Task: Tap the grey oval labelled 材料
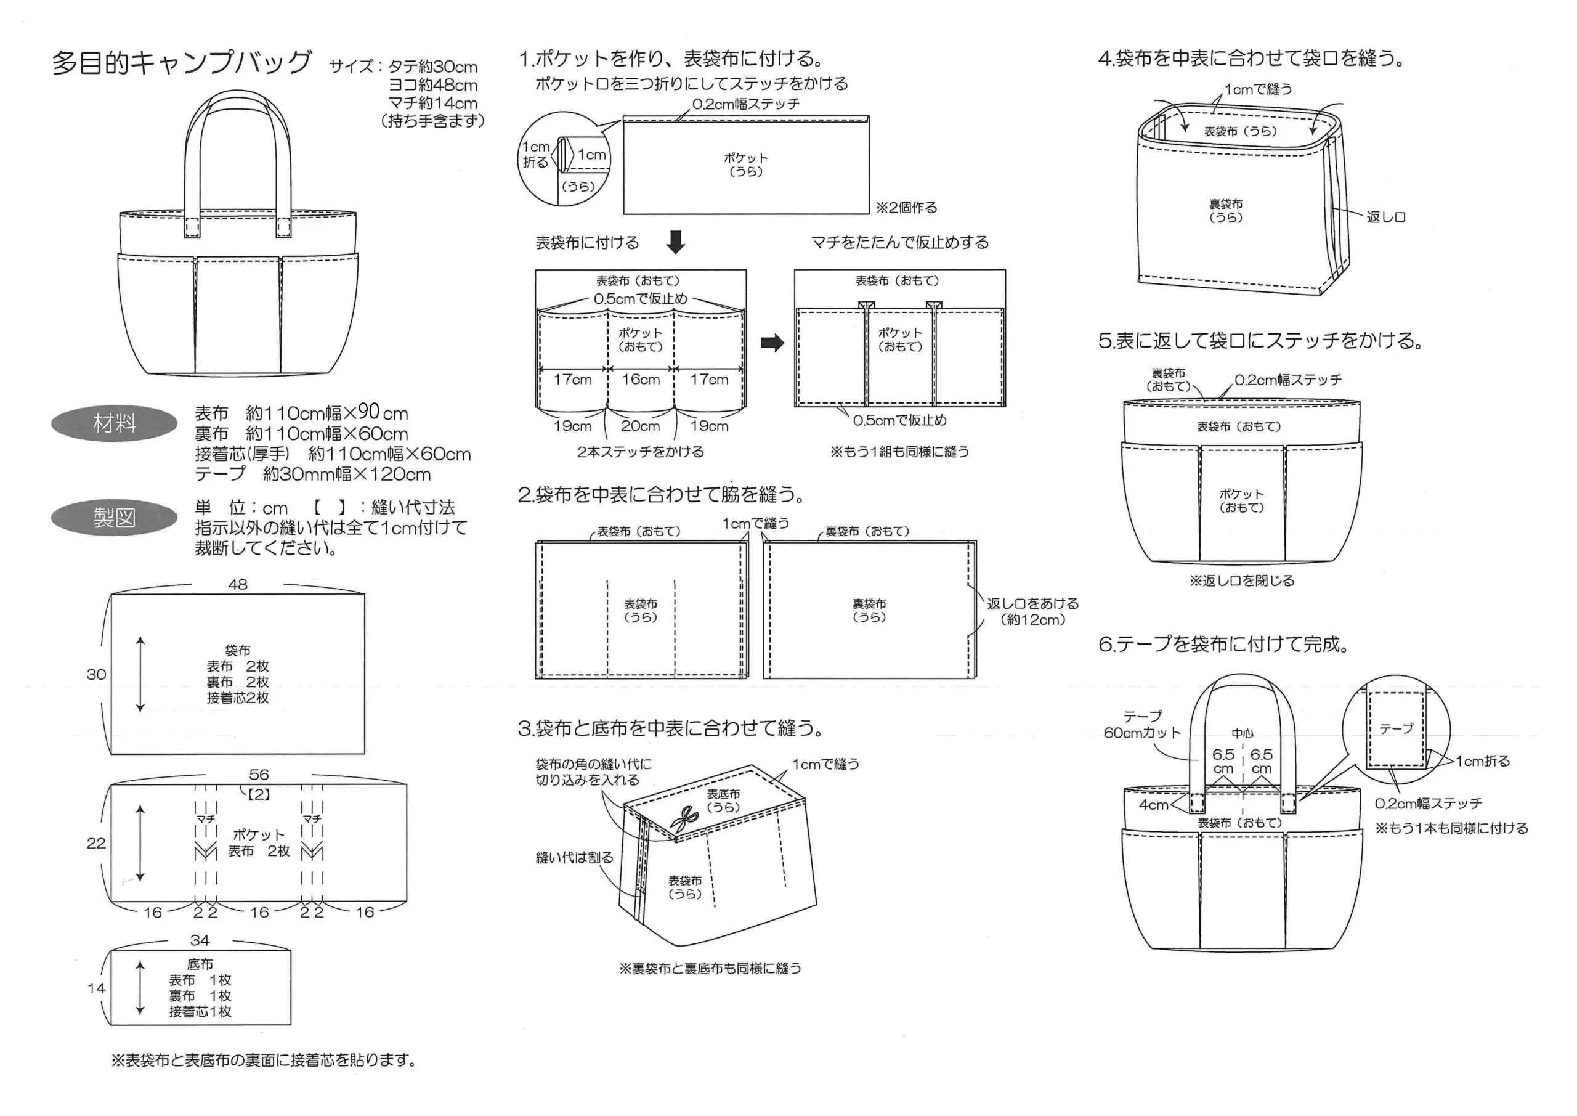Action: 114,424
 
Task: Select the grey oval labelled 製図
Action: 114,518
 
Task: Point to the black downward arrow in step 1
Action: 676,242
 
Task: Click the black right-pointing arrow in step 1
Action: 772,343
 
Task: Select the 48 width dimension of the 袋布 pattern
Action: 238,584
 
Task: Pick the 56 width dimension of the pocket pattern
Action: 258,775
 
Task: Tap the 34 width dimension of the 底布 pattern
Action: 200,940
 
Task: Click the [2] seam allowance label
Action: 259,794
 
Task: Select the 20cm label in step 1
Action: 640,426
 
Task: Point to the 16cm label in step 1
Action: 640,380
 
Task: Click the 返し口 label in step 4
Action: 1385,217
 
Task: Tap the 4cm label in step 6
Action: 1153,805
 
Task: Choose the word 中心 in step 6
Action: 1242,734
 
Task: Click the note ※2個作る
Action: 906,208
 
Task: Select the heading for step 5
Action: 1260,341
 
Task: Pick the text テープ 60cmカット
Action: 1141,725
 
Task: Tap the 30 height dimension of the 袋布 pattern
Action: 96,674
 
